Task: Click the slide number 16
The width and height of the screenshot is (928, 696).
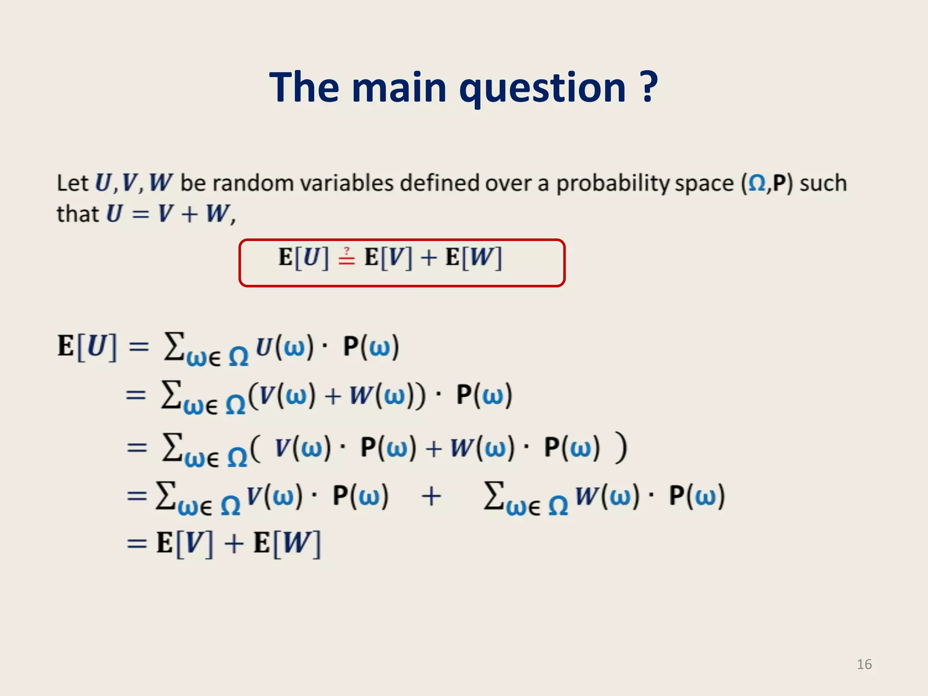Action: [864, 664]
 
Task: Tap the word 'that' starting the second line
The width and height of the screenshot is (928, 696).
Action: [77, 214]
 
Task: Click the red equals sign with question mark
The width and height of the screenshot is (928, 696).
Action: [347, 257]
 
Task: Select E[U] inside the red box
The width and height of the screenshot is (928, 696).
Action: [303, 257]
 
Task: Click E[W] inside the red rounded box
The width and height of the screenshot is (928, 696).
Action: [474, 257]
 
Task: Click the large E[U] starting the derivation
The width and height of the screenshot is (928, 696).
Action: [87, 347]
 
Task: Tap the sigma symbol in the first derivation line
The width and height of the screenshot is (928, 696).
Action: [174, 346]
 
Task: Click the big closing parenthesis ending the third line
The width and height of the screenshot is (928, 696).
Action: [621, 448]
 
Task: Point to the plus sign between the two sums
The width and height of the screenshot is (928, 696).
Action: [431, 496]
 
